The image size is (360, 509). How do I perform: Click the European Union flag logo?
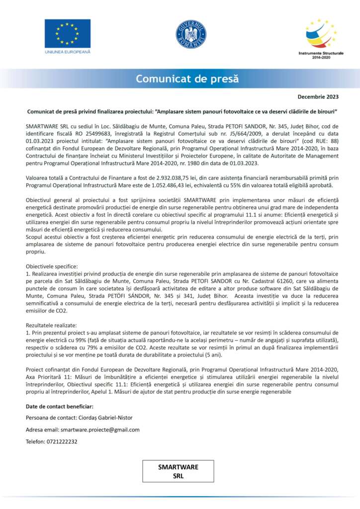tap(68, 34)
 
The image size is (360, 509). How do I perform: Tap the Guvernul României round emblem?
tap(191, 34)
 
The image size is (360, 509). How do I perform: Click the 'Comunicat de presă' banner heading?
tap(187, 79)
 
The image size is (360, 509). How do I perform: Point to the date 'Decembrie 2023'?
tap(318, 96)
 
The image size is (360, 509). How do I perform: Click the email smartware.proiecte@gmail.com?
tap(100, 430)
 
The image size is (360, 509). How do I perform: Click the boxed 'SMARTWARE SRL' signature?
tap(178, 471)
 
